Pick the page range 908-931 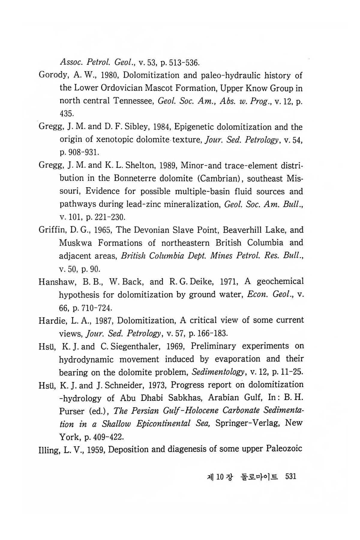[x=82, y=152]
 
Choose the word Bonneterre [x=136, y=178]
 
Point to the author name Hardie [x=50, y=320]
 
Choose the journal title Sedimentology [x=217, y=372]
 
